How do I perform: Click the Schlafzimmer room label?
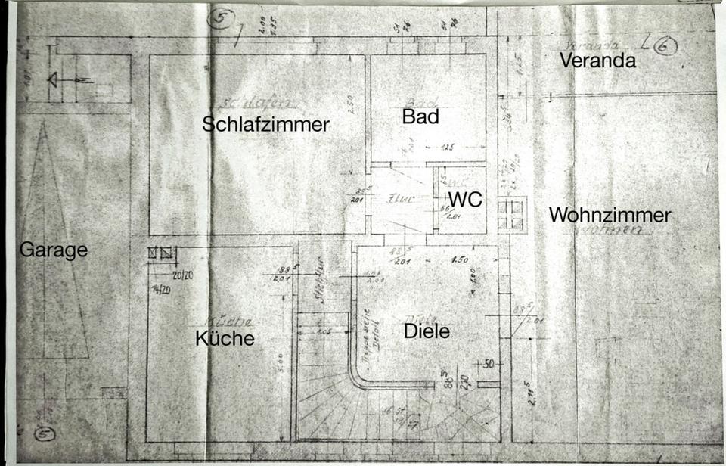tap(265, 125)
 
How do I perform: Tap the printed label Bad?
tap(420, 116)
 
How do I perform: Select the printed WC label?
tap(465, 199)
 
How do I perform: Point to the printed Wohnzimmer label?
tap(610, 215)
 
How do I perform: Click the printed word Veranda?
tap(597, 61)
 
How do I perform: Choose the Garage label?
tap(54, 250)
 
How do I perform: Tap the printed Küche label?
tap(225, 338)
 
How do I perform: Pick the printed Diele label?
tap(427, 331)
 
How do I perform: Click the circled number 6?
tap(665, 46)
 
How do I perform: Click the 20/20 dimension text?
tap(181, 275)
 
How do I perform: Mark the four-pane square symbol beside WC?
tap(510, 215)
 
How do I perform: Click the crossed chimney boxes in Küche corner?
tap(163, 253)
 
